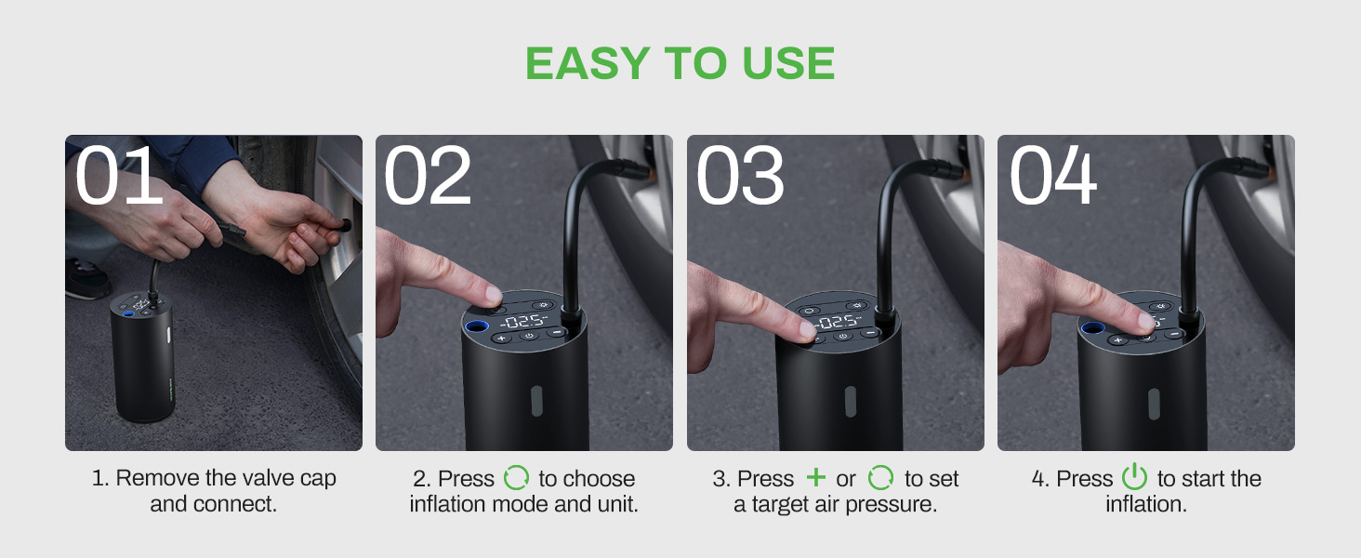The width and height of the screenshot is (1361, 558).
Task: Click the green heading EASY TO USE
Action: pyautogui.click(x=680, y=63)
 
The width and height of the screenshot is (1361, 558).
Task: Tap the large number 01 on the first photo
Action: pyautogui.click(x=119, y=177)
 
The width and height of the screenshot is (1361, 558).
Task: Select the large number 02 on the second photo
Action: pyautogui.click(x=428, y=177)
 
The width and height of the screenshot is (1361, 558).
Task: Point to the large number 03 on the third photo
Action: pyautogui.click(x=740, y=177)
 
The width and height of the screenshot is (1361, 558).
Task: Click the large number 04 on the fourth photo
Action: pyautogui.click(x=1053, y=177)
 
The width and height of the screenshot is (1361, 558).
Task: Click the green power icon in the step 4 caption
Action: pyautogui.click(x=1134, y=478)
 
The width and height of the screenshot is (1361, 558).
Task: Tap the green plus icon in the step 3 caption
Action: pyautogui.click(x=815, y=478)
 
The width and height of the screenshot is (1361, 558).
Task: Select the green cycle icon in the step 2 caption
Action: pyautogui.click(x=515, y=478)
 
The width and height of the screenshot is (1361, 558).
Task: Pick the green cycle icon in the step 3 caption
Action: pyautogui.click(x=879, y=478)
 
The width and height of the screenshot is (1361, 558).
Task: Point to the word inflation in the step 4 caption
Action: pyautogui.click(x=1145, y=504)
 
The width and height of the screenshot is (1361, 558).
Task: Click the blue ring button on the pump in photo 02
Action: pyautogui.click(x=477, y=326)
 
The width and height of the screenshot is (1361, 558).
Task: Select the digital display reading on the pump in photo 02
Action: pyautogui.click(x=523, y=322)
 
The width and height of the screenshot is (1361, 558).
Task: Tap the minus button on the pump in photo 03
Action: pyautogui.click(x=869, y=332)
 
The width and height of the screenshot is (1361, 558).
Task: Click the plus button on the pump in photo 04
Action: pyautogui.click(x=1118, y=339)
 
